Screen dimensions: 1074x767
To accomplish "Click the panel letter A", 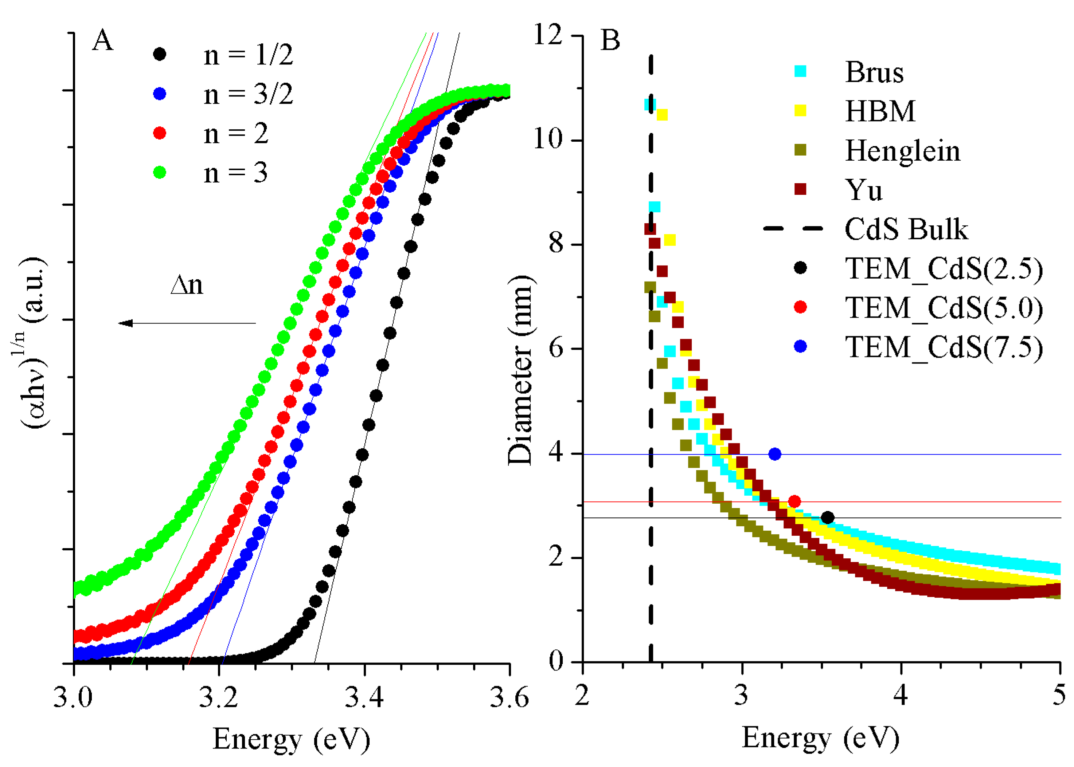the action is [x=102, y=41].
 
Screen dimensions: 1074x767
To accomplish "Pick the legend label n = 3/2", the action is [x=248, y=94].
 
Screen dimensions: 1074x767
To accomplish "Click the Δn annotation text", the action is [x=187, y=285].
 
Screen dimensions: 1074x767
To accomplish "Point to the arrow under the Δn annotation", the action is [x=187, y=323].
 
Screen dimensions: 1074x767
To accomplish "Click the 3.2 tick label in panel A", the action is [x=218, y=697].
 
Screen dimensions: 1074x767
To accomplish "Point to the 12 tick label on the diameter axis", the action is [x=548, y=35].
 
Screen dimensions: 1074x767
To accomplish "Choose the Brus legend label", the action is [x=874, y=72].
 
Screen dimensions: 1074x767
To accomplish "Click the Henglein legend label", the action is [x=902, y=151].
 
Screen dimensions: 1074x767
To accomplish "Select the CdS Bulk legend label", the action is [x=906, y=229].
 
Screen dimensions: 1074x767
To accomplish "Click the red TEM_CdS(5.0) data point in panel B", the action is [x=794, y=501].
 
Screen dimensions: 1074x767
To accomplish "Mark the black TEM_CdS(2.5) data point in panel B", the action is [x=827, y=518].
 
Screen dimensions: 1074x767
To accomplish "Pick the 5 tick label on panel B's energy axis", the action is [x=1059, y=695].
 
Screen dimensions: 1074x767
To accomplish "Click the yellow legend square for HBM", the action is [x=800, y=110].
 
